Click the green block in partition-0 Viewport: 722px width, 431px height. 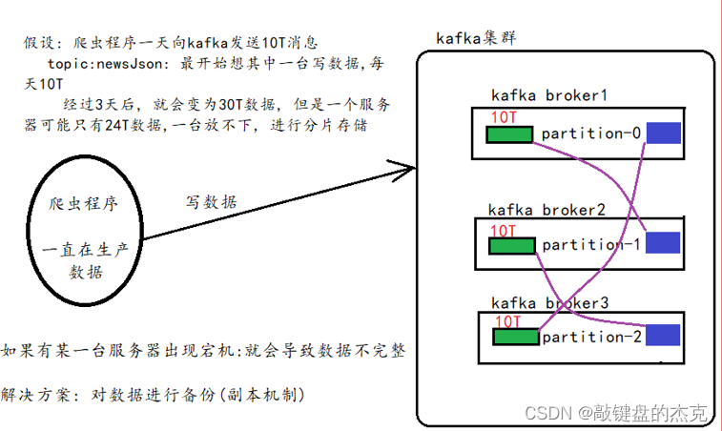pyautogui.click(x=510, y=133)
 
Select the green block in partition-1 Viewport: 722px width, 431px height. pyautogui.click(x=512, y=245)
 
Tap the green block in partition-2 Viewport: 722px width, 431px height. pyautogui.click(x=515, y=336)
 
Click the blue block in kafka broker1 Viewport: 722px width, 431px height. pyautogui.click(x=665, y=134)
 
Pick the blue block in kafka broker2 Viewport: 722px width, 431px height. pyautogui.click(x=663, y=243)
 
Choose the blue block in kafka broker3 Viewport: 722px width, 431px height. pyautogui.click(x=663, y=336)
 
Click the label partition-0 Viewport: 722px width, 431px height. pyautogui.click(x=591, y=133)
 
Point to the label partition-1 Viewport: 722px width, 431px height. pyautogui.click(x=591, y=245)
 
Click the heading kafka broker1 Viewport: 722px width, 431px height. pyautogui.click(x=549, y=95)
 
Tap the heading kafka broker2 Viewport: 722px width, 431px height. pyautogui.click(x=547, y=209)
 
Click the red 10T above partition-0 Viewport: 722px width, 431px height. pyautogui.click(x=505, y=116)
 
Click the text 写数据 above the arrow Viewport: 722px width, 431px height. pyautogui.click(x=211, y=202)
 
